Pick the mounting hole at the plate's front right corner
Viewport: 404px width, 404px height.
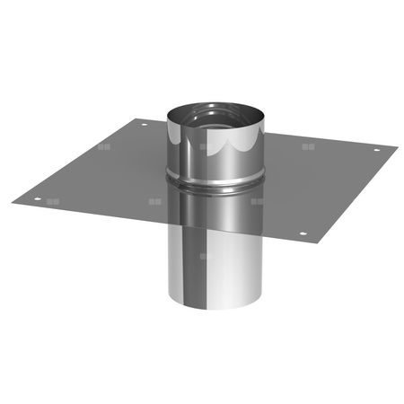coord(302,235)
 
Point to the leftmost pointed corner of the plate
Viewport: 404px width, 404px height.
coord(13,200)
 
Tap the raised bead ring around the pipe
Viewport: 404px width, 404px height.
coord(215,180)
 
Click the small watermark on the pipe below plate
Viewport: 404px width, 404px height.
coord(206,258)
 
